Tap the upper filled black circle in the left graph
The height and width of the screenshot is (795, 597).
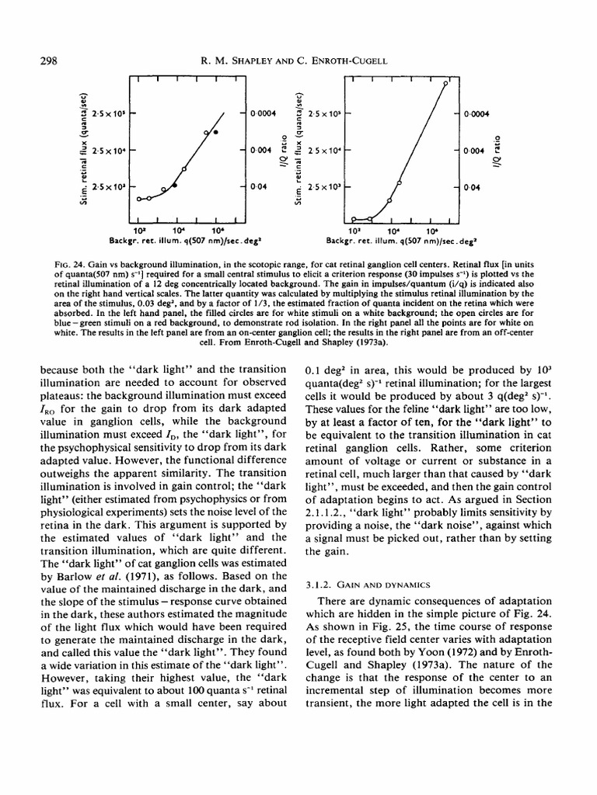pos(215,133)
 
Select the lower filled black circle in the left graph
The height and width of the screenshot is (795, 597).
pos(174,186)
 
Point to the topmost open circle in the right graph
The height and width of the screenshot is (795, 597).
pos(445,82)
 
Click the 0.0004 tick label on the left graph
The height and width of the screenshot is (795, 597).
pos(262,113)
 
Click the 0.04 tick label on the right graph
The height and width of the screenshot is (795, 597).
pos(471,188)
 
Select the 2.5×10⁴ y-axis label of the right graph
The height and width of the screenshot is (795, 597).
pos(324,151)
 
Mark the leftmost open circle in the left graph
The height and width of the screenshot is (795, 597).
pos(139,199)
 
